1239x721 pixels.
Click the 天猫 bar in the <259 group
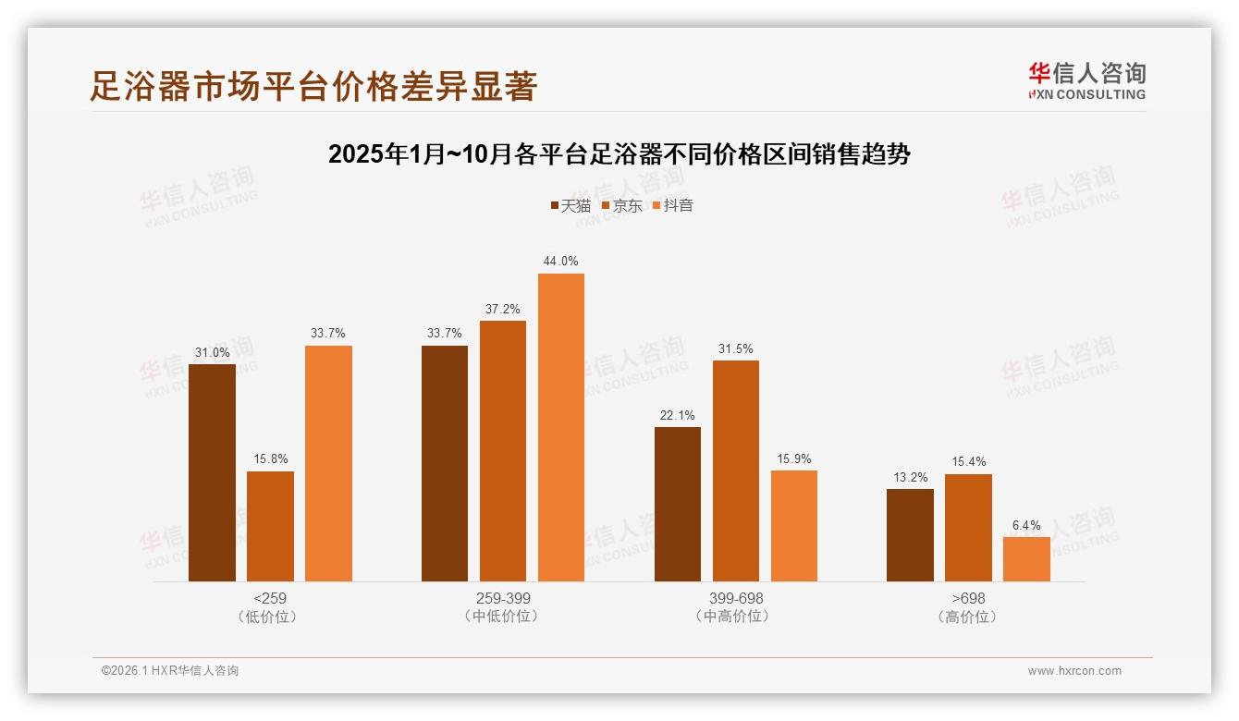212,472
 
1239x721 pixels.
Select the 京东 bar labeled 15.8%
270,526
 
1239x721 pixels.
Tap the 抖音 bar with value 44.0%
561,427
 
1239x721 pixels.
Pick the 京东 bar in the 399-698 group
736,470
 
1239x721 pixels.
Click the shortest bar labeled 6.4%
1026,559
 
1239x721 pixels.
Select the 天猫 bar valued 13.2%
910,535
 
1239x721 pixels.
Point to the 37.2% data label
502,309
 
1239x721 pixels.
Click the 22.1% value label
677,415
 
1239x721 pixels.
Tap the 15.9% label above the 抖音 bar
793,458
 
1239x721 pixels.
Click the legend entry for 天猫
570,206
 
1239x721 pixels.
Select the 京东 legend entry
621,206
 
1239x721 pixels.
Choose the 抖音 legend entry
672,206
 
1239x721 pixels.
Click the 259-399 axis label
503,598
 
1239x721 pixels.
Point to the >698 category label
968,598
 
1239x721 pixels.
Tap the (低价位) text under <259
270,617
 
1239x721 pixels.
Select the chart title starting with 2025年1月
619,154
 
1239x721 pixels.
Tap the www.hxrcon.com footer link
1074,671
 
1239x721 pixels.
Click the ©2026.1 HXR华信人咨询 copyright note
169,671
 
